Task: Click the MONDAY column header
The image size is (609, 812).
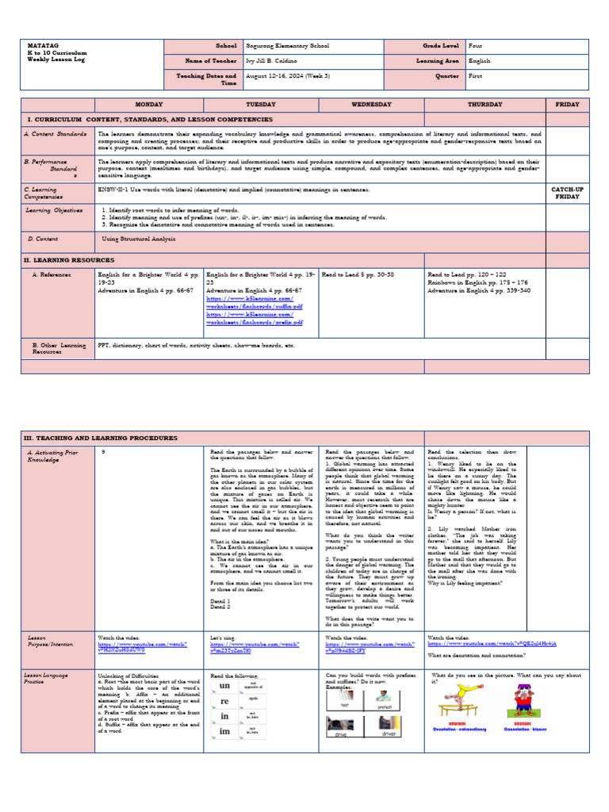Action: click(x=148, y=105)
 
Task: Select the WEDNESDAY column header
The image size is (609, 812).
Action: click(x=372, y=105)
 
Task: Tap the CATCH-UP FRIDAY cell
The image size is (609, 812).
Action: click(x=567, y=193)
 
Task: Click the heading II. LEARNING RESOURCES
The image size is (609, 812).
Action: click(x=69, y=259)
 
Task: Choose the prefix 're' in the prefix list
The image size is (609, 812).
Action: click(x=224, y=703)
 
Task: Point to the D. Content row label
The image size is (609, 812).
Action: click(x=42, y=238)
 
